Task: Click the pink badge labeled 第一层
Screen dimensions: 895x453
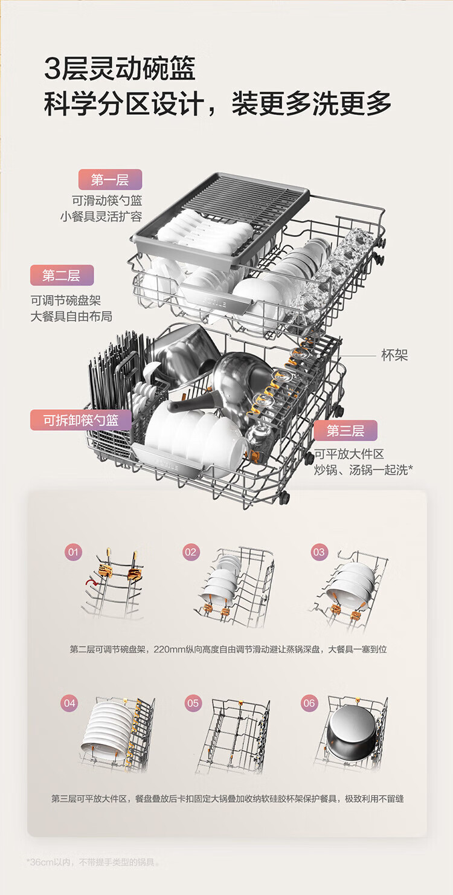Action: point(110,179)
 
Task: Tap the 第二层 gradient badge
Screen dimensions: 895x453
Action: point(62,276)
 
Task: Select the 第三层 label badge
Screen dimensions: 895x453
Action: point(345,430)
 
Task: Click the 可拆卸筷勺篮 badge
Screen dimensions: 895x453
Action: point(81,420)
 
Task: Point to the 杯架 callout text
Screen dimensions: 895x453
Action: point(394,355)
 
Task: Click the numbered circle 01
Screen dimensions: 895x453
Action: point(73,552)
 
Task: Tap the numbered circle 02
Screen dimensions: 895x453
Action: point(191,552)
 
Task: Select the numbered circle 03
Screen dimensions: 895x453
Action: point(319,552)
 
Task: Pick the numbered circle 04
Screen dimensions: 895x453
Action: point(69,703)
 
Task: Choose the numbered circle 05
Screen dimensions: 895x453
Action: point(193,703)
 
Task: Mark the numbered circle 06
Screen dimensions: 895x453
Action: point(309,703)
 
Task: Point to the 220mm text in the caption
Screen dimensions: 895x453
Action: point(166,649)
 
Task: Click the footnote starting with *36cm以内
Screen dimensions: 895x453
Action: point(94,862)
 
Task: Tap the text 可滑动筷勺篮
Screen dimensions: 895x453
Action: point(107,201)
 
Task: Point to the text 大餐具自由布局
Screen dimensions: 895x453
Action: point(71,316)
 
